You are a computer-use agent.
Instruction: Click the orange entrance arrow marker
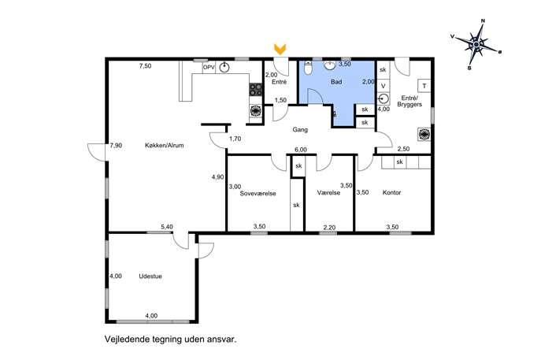(x=280, y=49)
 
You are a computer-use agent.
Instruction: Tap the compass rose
(x=476, y=45)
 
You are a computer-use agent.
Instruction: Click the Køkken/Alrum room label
(x=165, y=145)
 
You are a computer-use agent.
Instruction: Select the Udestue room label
(x=150, y=276)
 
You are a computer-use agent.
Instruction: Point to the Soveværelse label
(x=258, y=193)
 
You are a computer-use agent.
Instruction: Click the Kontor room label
(x=391, y=192)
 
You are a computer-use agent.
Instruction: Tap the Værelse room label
(x=328, y=192)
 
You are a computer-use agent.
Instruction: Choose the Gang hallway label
(x=300, y=130)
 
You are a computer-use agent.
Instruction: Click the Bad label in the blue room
(x=336, y=82)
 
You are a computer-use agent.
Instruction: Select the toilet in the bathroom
(x=308, y=68)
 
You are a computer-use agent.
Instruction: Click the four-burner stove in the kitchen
(x=256, y=89)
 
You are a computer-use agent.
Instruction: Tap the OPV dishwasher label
(x=209, y=67)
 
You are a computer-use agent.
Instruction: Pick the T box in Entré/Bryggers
(x=424, y=86)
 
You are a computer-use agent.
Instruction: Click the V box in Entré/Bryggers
(x=383, y=86)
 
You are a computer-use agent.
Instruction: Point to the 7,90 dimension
(x=116, y=146)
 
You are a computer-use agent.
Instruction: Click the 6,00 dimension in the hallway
(x=301, y=150)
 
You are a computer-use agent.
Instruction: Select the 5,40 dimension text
(x=167, y=227)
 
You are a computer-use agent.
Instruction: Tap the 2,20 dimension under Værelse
(x=329, y=228)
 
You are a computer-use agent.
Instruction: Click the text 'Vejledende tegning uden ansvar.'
(x=171, y=339)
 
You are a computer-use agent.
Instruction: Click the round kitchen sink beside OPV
(x=224, y=68)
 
